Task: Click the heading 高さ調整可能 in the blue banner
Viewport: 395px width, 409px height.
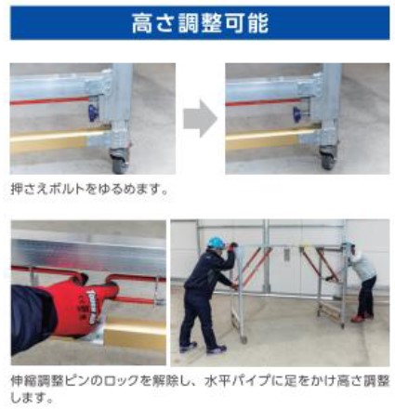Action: click(x=200, y=23)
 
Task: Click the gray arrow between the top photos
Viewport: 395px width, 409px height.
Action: click(x=200, y=118)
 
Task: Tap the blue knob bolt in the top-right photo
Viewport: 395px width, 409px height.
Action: click(x=298, y=112)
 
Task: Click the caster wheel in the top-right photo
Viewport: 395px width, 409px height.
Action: click(x=328, y=159)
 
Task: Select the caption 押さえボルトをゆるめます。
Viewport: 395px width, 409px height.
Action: click(x=89, y=189)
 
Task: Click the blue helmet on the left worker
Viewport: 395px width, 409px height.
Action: click(x=216, y=243)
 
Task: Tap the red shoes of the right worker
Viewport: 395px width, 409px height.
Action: click(x=361, y=318)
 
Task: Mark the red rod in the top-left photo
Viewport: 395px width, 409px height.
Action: click(x=49, y=100)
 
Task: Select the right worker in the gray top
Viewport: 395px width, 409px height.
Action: click(x=363, y=280)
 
